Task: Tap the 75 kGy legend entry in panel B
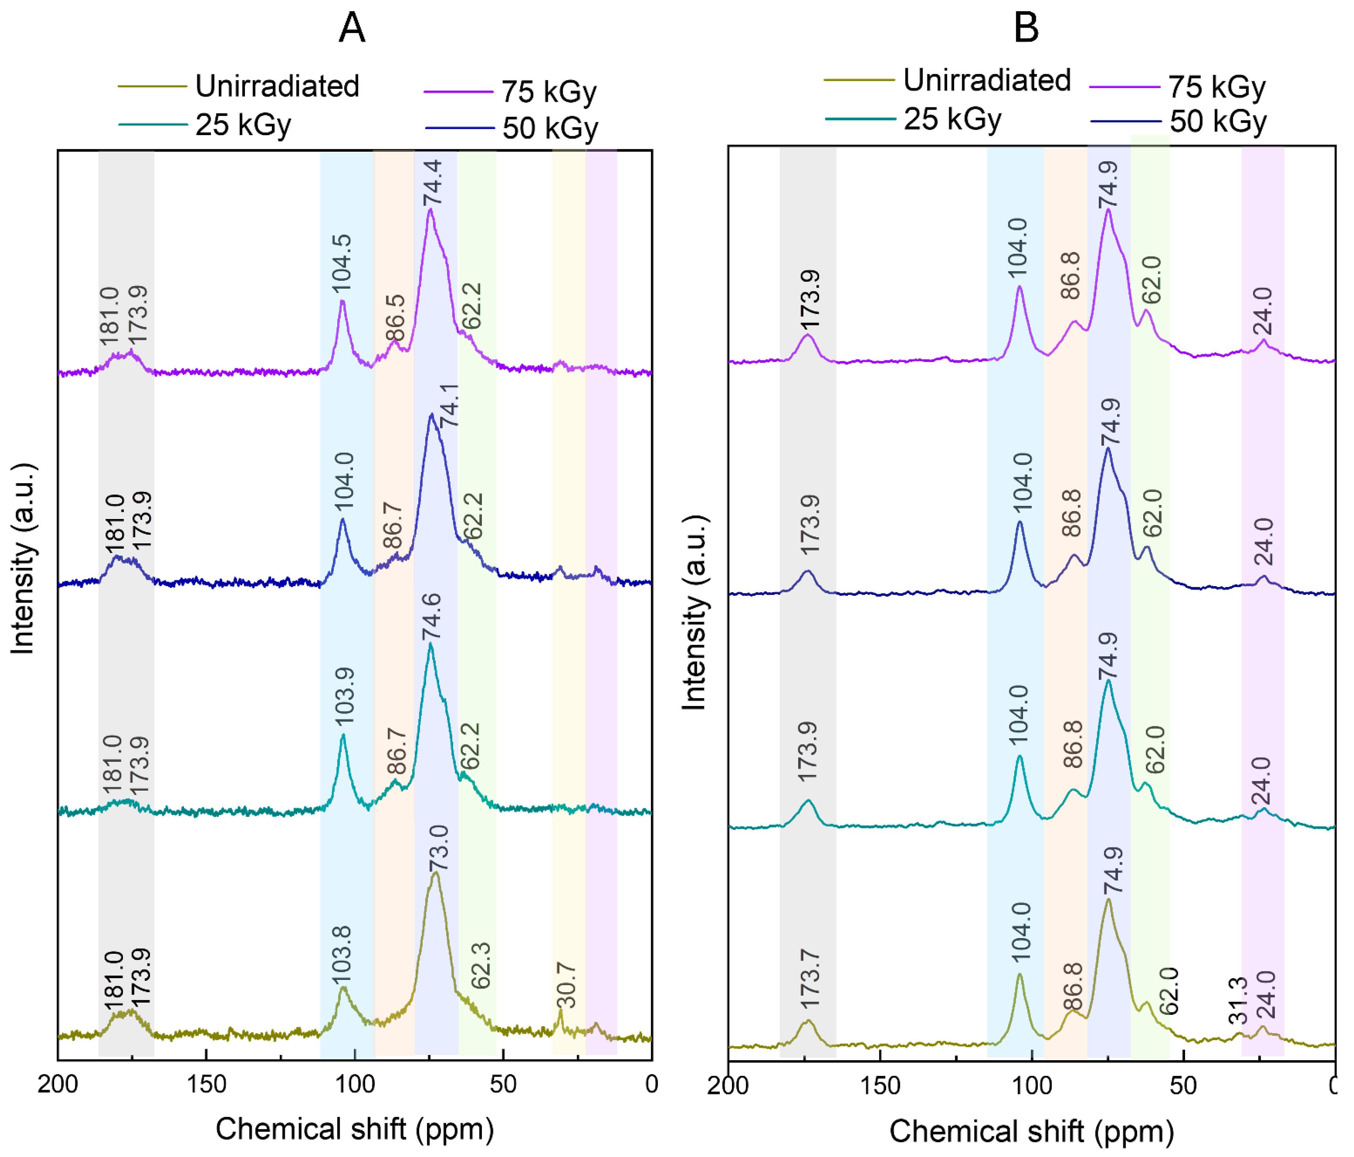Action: pos(1177,87)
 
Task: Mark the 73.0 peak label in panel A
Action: pos(438,848)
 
